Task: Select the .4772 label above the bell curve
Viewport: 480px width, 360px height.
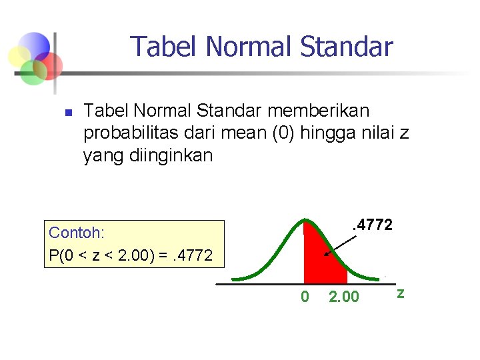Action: pos(371,225)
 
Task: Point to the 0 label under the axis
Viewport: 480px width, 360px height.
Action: pos(305,297)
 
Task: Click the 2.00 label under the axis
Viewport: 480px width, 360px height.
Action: pos(344,297)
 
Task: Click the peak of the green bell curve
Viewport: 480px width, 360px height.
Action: pos(306,221)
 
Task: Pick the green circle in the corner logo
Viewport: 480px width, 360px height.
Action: pos(32,72)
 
